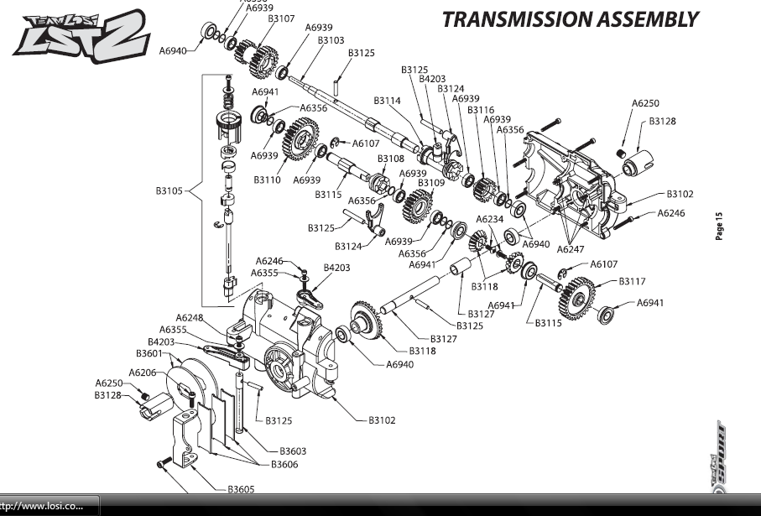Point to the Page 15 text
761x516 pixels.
(x=719, y=227)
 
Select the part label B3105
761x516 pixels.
(x=169, y=191)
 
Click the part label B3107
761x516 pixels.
(x=281, y=18)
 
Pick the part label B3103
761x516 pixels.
(x=331, y=39)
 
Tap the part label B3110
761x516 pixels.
(x=267, y=180)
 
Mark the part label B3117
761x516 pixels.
(x=632, y=282)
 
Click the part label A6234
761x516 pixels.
(x=490, y=219)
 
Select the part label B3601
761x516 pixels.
(x=150, y=353)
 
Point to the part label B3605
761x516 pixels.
(x=241, y=488)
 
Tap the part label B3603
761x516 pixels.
(x=293, y=451)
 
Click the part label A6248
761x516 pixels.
(x=190, y=317)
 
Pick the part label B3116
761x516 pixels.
(x=481, y=110)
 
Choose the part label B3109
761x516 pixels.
(x=431, y=182)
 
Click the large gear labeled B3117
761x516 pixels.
(x=576, y=295)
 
